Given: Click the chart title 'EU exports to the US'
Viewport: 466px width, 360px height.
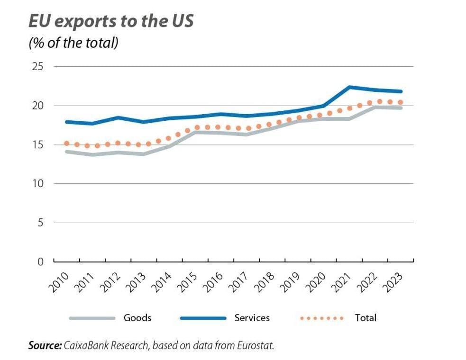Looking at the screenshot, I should click(x=111, y=21).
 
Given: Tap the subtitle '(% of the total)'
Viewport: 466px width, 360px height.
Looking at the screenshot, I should click(x=73, y=43).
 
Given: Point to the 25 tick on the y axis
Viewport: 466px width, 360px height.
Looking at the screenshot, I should click(x=37, y=66).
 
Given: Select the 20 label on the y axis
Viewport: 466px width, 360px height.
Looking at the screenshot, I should click(x=37, y=106).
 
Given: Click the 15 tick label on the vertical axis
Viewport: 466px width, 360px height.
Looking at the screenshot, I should click(x=37, y=144).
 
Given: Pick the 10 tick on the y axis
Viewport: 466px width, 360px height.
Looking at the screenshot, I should click(x=37, y=183).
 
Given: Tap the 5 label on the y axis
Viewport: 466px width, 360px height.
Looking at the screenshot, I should click(x=40, y=223).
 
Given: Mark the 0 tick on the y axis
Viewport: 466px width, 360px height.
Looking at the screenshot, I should click(x=40, y=261).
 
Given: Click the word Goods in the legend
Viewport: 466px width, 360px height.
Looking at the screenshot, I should click(x=137, y=318).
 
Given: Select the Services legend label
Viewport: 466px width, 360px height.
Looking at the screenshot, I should click(x=252, y=318).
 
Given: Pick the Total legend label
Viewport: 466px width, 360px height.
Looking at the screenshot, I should click(x=365, y=318).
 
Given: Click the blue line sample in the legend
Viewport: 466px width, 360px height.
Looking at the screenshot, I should click(x=203, y=318).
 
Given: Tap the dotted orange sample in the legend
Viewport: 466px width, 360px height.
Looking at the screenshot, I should click(x=322, y=318).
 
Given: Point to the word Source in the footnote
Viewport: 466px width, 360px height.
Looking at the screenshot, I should click(x=44, y=346).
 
